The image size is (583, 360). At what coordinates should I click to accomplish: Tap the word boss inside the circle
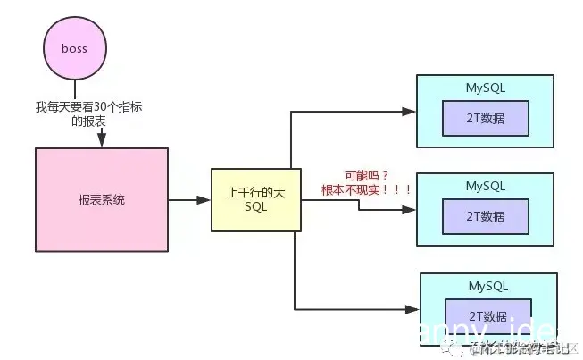coord(73,49)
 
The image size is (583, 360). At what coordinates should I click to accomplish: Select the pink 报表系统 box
coord(101,200)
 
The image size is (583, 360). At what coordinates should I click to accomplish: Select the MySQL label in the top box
coord(485,88)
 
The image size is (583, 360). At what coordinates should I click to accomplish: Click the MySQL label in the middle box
coord(485,186)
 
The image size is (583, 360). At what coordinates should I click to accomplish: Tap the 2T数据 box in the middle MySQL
coord(485,215)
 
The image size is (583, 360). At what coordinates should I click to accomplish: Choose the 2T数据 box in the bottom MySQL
coord(489,315)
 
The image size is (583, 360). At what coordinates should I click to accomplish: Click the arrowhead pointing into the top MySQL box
coord(410,112)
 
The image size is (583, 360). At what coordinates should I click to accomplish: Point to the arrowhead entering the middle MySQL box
coord(410,211)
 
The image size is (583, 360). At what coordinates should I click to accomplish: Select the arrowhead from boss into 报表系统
coord(101,140)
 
